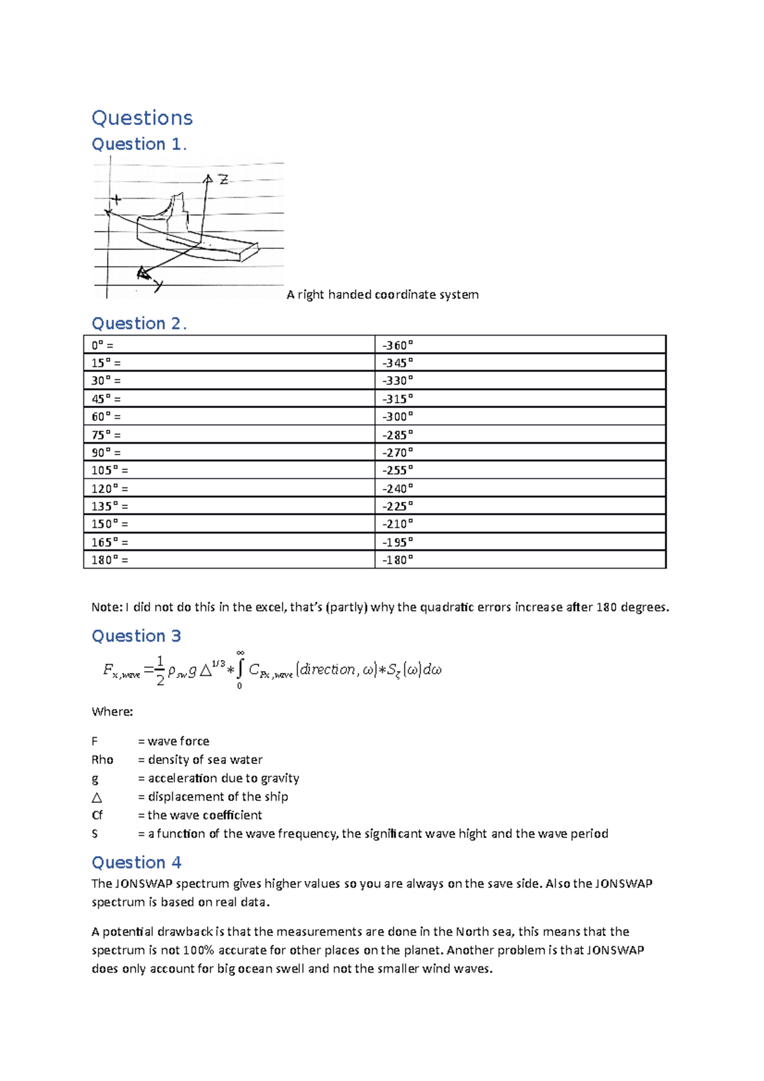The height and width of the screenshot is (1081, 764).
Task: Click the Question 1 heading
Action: pyautogui.click(x=139, y=145)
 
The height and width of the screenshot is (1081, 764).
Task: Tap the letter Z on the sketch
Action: pyautogui.click(x=223, y=180)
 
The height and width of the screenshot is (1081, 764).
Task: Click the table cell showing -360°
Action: pyautogui.click(x=397, y=345)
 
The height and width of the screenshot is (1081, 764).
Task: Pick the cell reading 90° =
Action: pyautogui.click(x=106, y=453)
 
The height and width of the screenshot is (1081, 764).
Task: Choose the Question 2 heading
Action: pyautogui.click(x=139, y=324)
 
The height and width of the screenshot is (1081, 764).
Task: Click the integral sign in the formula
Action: pyautogui.click(x=240, y=670)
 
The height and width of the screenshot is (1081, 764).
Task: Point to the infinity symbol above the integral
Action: pyautogui.click(x=240, y=653)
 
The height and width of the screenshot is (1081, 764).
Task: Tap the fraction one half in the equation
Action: pyautogui.click(x=160, y=670)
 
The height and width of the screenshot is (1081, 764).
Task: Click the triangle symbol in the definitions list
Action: pyautogui.click(x=97, y=798)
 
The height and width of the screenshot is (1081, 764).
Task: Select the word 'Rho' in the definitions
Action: pyautogui.click(x=103, y=760)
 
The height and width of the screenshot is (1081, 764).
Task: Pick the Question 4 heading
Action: pyautogui.click(x=136, y=863)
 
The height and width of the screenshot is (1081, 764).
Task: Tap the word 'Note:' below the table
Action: pyautogui.click(x=106, y=607)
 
